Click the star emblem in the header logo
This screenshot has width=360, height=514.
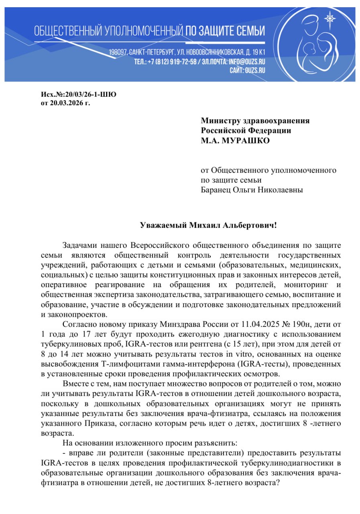[330, 18]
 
